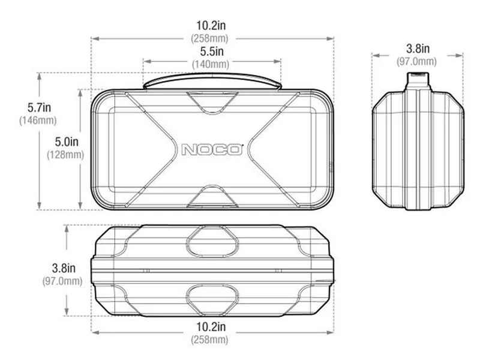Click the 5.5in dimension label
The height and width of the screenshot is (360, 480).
click(212, 52)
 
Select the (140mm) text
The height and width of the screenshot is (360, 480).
click(211, 64)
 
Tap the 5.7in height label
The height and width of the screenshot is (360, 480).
click(39, 107)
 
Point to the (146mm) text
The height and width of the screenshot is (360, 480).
click(38, 121)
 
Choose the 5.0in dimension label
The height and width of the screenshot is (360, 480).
click(67, 142)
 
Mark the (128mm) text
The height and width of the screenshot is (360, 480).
click(65, 155)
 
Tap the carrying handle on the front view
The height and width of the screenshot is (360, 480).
click(212, 81)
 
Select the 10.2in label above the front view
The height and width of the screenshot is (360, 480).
click(211, 25)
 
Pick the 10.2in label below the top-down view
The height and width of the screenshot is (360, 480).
click(211, 326)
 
